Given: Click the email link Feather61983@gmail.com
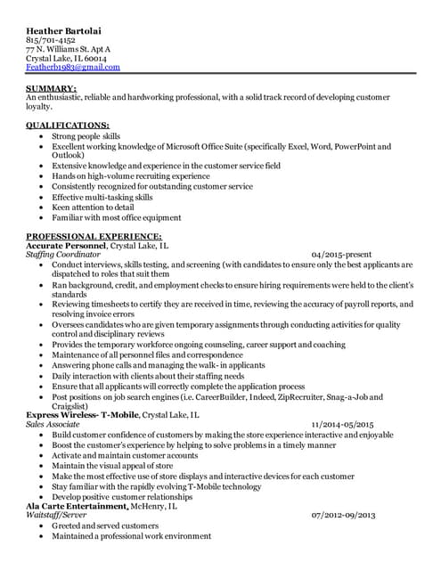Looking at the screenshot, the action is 73,67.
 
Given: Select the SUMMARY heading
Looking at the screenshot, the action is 52,89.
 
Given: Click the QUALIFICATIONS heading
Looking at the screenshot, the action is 68,125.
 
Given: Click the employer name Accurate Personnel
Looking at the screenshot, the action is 67,245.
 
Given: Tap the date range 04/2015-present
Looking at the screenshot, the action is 349,255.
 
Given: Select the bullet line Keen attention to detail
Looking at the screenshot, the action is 103,207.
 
